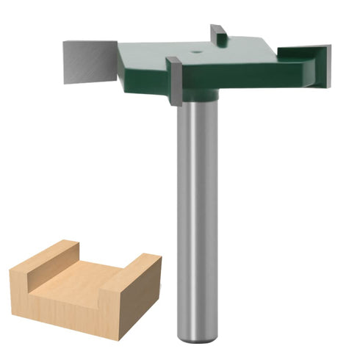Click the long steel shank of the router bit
(197, 220)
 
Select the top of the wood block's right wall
(140, 263)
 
